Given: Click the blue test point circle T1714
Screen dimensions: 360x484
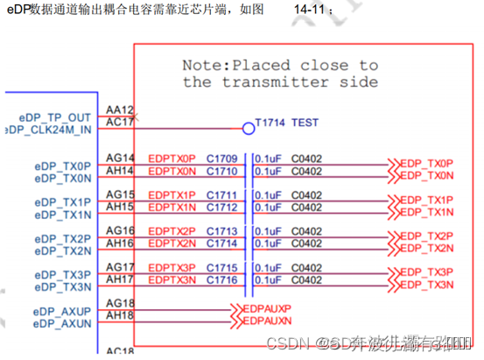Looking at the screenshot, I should [x=248, y=129].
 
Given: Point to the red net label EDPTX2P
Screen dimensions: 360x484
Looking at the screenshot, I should [x=172, y=231].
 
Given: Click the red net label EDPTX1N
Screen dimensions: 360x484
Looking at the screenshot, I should [x=172, y=208].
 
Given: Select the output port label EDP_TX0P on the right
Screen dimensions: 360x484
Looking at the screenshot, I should [x=426, y=164].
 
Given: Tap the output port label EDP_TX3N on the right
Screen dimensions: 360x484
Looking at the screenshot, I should [x=426, y=286].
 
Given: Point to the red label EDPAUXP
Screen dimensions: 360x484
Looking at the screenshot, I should [x=266, y=309].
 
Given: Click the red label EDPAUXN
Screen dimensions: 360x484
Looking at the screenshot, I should [x=266, y=321].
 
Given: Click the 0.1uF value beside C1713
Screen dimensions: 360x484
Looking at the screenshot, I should [x=268, y=231].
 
